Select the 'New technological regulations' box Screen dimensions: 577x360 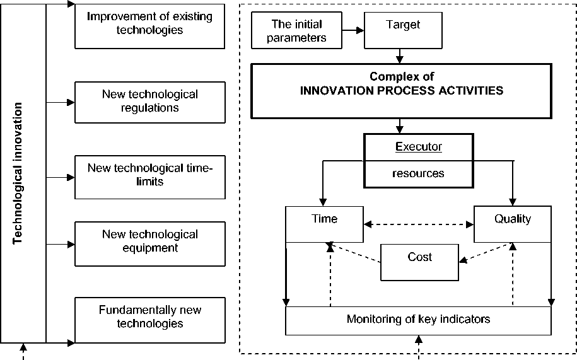coord(149,101)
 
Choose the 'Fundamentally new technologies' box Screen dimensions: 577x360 coord(149,316)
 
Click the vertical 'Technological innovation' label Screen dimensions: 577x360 coord(18,173)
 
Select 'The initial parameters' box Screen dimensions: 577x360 coord(296,31)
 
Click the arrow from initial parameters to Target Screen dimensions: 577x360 coord(354,30)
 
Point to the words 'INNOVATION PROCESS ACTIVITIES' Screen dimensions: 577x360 coord(402,90)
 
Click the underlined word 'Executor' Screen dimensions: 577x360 coord(418,147)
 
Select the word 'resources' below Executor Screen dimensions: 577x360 coord(418,173)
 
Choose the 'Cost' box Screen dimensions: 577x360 coord(419,261)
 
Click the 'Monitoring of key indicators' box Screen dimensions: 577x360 coord(418,319)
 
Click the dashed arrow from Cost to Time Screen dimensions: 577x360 coord(353,252)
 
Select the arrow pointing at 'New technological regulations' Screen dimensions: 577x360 coord(61,101)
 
